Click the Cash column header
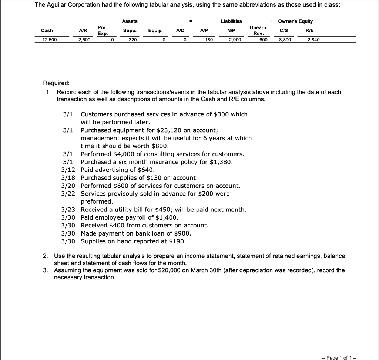click(47, 30)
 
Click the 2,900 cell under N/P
click(235, 40)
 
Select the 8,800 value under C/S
click(285, 40)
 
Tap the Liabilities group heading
click(231, 21)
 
